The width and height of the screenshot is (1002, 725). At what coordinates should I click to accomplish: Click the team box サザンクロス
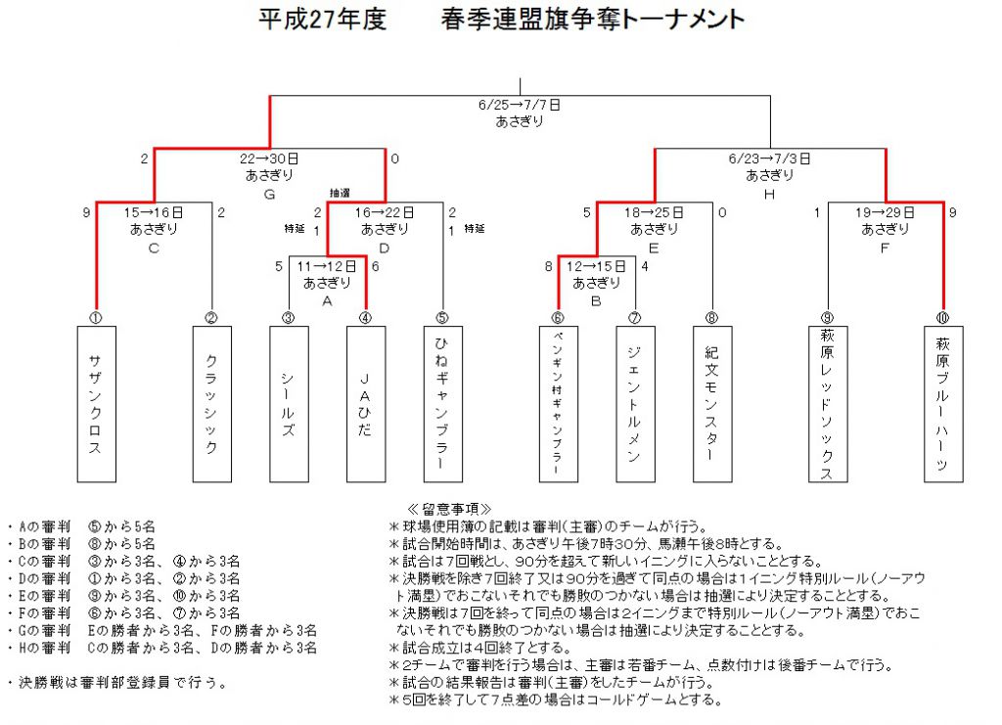[97, 404]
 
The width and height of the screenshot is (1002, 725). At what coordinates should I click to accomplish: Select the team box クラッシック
[212, 404]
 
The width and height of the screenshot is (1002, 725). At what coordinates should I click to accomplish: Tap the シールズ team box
[289, 404]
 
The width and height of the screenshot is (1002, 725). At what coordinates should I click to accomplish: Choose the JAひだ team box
[366, 404]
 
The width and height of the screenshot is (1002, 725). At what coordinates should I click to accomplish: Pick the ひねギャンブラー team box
[443, 404]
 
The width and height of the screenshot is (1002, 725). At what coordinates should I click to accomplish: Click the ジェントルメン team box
[636, 404]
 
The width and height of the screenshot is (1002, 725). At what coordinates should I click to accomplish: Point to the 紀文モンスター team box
[712, 404]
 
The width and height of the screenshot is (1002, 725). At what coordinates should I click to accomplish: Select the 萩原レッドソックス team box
[828, 404]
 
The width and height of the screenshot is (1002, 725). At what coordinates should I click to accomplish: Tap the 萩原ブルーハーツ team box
[944, 404]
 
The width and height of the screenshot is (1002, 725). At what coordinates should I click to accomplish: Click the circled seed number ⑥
[558, 317]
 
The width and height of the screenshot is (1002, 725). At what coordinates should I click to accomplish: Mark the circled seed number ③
[289, 317]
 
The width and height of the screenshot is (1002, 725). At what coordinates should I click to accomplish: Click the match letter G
[270, 194]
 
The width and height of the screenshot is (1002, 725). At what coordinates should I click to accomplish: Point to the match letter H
[769, 194]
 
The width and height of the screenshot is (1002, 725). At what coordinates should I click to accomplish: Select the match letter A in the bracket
[327, 300]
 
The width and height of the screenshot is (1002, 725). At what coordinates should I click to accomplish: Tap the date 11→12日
[327, 266]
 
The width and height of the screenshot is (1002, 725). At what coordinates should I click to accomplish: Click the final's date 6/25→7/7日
[520, 105]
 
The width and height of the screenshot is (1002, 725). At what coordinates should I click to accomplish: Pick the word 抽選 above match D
[340, 193]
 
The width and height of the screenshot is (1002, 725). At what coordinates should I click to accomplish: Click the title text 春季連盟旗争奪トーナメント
[593, 19]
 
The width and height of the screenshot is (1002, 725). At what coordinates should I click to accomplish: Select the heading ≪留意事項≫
[449, 509]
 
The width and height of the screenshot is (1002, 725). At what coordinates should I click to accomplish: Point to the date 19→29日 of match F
[885, 212]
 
